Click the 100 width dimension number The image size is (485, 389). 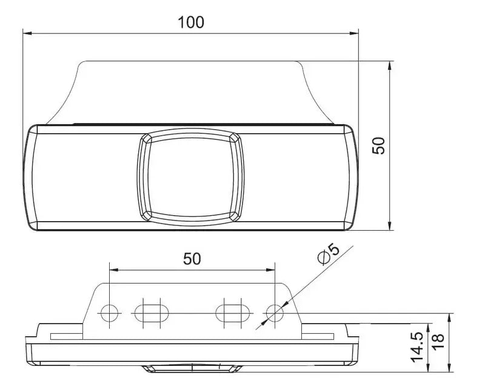[191, 22]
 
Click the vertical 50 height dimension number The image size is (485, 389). [378, 145]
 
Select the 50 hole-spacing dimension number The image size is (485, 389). [192, 259]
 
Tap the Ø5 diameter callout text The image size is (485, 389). [329, 254]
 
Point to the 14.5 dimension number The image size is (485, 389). [417, 347]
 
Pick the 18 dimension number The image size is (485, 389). [438, 342]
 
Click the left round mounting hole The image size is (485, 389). [110, 313]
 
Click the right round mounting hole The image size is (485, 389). [275, 313]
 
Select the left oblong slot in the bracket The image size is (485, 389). [152, 313]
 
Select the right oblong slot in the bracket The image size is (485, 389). [233, 313]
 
